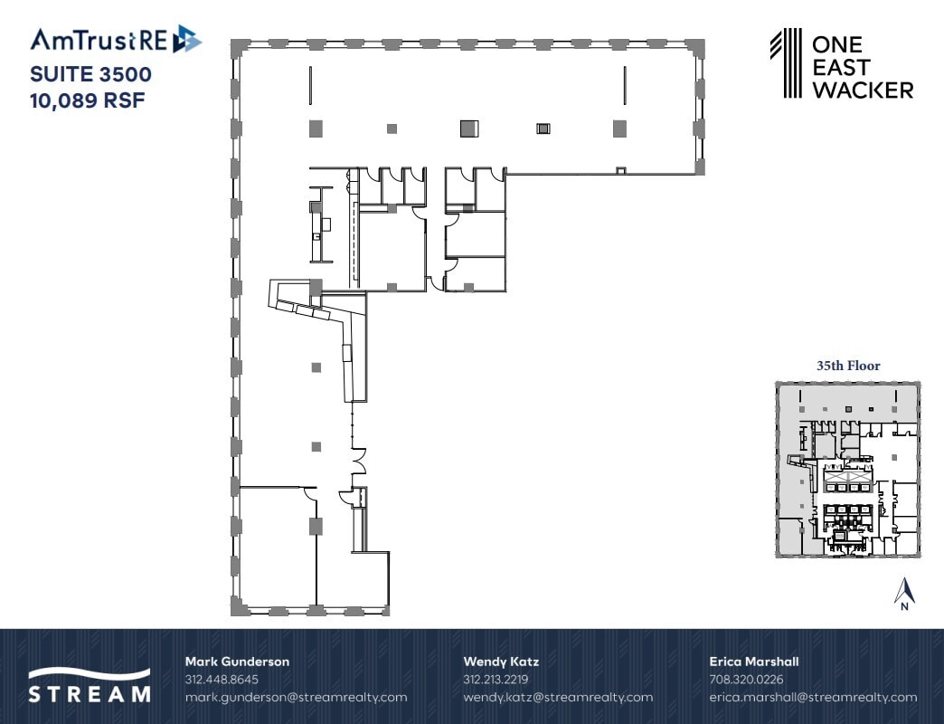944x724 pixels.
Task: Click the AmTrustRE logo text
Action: [x=100, y=40]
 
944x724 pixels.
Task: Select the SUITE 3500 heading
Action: [x=90, y=72]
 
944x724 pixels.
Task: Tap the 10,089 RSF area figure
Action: [x=88, y=97]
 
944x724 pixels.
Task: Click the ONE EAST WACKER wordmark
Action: [x=862, y=67]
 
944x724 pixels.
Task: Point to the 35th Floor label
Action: [x=848, y=367]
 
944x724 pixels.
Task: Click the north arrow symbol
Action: [x=904, y=594]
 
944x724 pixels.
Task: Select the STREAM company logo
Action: [x=89, y=685]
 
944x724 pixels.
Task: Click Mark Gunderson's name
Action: [x=237, y=662]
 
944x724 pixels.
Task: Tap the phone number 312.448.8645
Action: [x=222, y=679]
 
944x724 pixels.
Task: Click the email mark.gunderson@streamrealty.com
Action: [x=296, y=697]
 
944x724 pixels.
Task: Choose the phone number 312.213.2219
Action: [x=496, y=679]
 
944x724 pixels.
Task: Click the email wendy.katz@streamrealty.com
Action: [x=557, y=697]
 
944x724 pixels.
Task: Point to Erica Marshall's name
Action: [x=753, y=662]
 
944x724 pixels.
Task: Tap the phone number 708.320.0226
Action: [x=746, y=679]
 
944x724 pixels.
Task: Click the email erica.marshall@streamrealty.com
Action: [x=813, y=697]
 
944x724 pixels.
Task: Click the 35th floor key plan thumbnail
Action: [x=848, y=469]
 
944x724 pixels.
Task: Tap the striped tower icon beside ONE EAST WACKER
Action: [x=786, y=62]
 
